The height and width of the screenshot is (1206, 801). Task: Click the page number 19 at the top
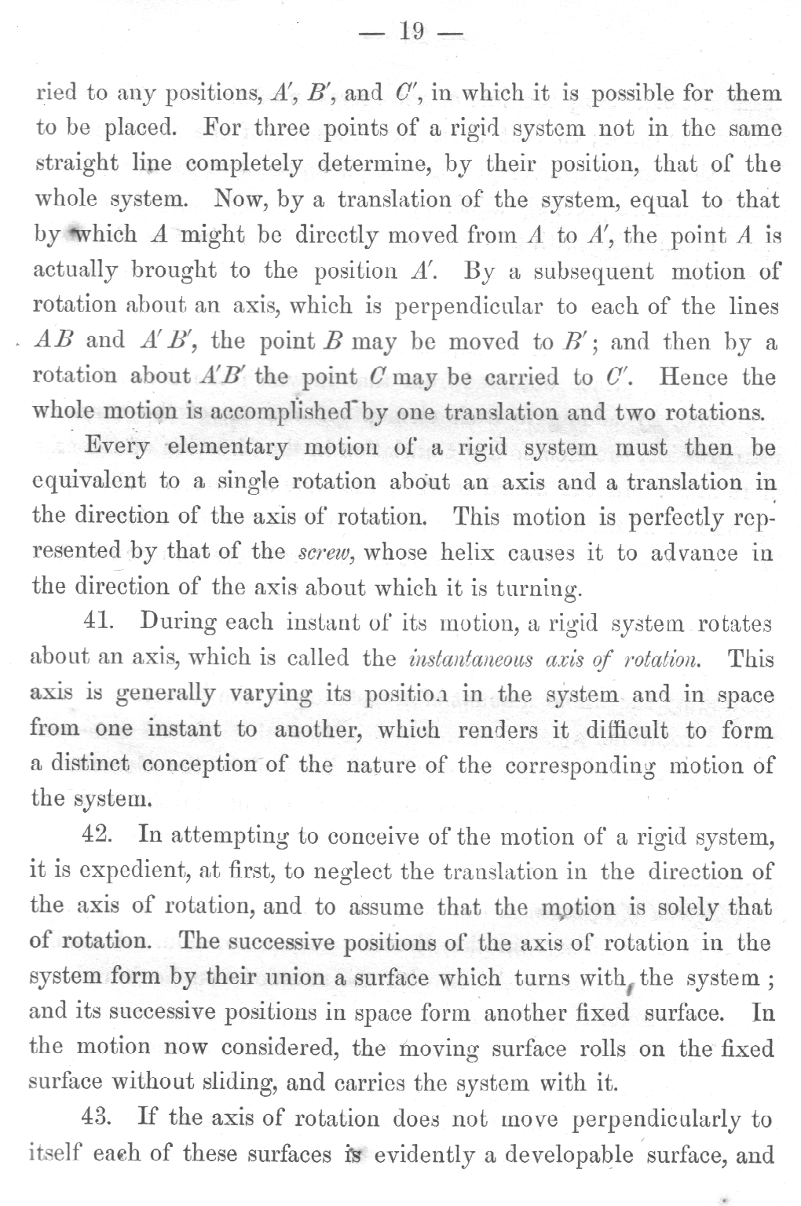(411, 31)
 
